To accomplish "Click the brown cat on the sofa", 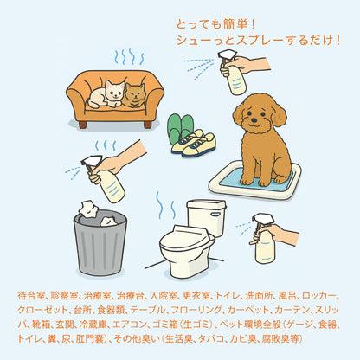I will point(136,94).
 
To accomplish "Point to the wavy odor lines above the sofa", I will point(129,57).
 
